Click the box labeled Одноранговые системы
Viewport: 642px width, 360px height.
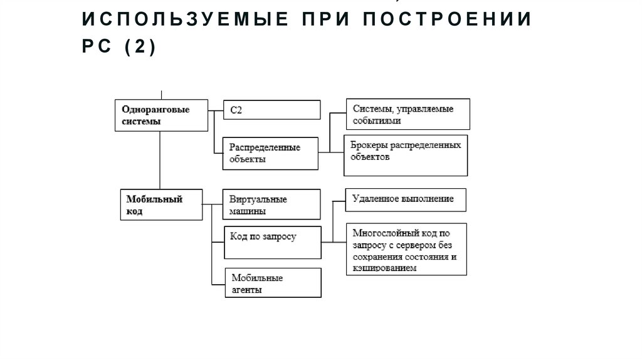click(161, 115)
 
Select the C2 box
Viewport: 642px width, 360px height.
click(272, 110)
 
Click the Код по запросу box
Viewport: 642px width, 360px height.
click(272, 241)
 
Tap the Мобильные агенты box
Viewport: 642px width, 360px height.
click(273, 283)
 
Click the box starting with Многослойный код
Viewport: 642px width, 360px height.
click(406, 248)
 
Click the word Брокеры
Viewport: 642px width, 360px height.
click(370, 146)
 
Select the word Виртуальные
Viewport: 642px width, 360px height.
click(258, 199)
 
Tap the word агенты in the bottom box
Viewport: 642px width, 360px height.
click(246, 290)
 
